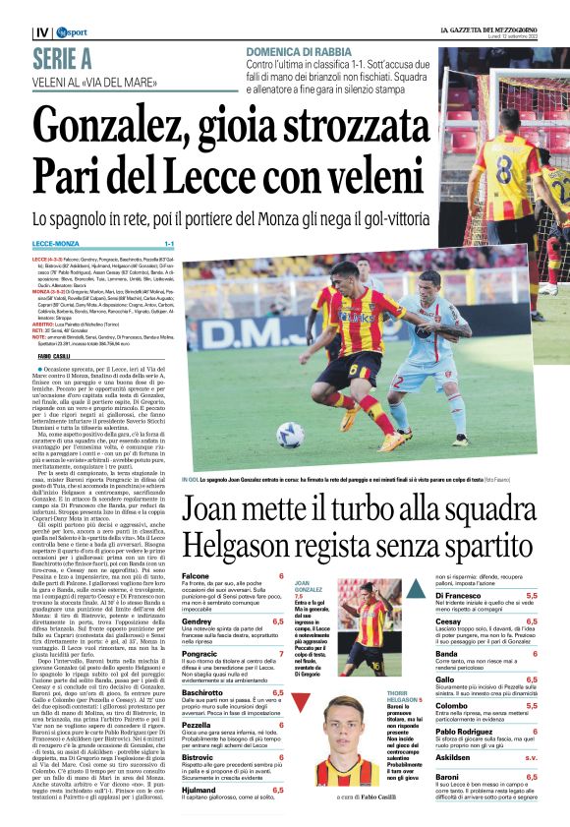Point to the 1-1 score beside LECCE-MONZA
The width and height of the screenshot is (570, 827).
point(168,244)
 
